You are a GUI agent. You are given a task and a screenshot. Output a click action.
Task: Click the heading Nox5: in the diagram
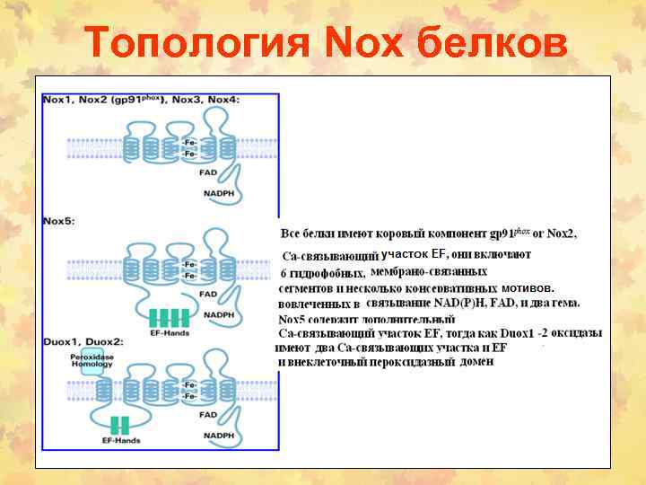pyautogui.click(x=59, y=220)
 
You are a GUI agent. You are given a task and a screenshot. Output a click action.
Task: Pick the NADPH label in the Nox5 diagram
pyautogui.click(x=219, y=314)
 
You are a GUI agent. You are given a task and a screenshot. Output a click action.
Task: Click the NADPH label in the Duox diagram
pyautogui.click(x=219, y=436)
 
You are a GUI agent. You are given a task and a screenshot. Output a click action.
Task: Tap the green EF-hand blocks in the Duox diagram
pyautogui.click(x=120, y=426)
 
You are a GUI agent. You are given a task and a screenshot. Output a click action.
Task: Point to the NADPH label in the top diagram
pyautogui.click(x=219, y=193)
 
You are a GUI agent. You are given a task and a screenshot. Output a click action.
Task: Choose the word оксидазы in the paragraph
pyautogui.click(x=576, y=333)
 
